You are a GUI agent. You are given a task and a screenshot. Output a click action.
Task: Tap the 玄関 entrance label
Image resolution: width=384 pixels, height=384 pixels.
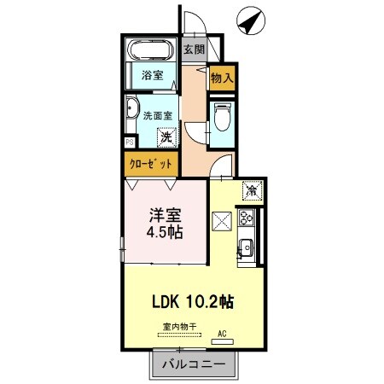(194, 49)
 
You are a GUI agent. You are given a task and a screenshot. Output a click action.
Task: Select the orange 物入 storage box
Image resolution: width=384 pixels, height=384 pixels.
(222, 77)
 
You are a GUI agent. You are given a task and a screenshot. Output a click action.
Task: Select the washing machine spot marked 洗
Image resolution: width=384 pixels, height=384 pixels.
(167, 135)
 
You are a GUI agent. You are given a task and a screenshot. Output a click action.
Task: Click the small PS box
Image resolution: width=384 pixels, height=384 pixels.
(129, 142)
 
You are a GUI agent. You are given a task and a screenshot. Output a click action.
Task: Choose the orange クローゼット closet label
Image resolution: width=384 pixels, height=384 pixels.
(151, 162)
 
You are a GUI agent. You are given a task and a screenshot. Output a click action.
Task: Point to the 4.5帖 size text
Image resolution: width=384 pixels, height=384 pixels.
(167, 231)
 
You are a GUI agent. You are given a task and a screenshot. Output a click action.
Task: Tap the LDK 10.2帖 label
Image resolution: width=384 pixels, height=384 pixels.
(194, 301)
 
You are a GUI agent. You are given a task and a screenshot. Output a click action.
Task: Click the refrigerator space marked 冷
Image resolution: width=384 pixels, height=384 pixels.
(252, 189)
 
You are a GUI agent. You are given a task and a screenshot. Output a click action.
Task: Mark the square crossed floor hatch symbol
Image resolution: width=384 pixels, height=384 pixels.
(222, 221)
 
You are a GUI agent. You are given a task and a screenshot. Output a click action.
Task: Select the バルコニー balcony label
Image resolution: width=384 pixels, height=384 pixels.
(194, 364)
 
